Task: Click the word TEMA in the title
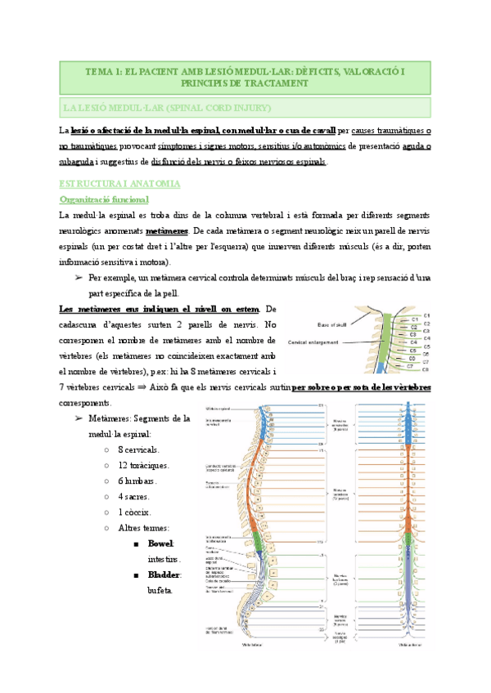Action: tap(100, 72)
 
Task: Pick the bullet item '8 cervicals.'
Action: tap(138, 449)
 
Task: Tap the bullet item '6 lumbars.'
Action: tap(137, 481)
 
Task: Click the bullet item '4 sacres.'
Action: tap(135, 496)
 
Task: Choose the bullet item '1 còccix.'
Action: tap(136, 512)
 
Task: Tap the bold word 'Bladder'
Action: tap(163, 575)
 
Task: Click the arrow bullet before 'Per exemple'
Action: tap(78, 278)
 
